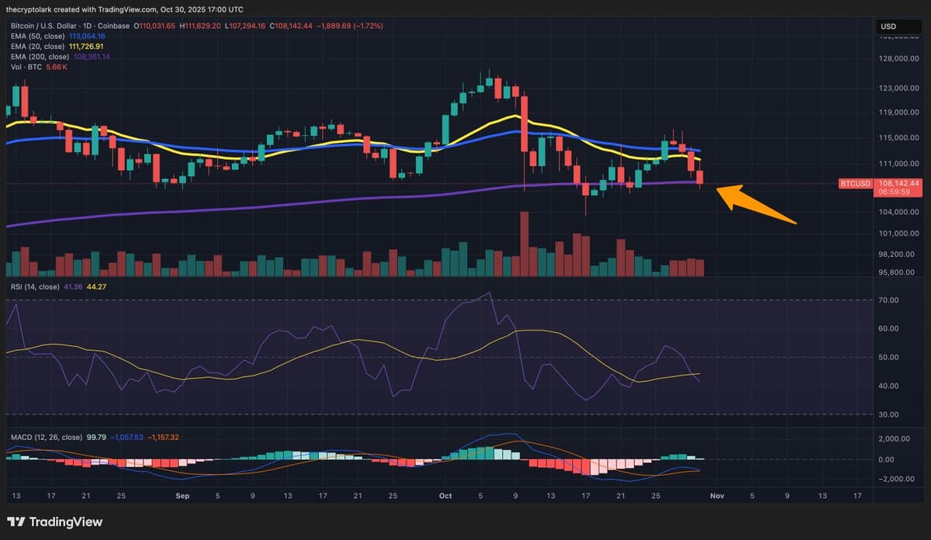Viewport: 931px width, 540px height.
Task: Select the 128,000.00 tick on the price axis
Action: point(897,59)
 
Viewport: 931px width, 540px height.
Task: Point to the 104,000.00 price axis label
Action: point(897,212)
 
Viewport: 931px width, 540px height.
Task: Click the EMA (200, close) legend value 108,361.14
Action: point(92,57)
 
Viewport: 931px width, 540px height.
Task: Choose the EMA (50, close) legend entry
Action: point(37,36)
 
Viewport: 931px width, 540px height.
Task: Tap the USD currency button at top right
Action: point(888,26)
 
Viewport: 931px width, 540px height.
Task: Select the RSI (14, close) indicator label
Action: point(35,287)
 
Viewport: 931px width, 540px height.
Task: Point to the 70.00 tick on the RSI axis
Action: point(888,300)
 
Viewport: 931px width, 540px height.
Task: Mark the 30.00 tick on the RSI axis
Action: point(888,414)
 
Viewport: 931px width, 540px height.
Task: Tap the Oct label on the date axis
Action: point(445,495)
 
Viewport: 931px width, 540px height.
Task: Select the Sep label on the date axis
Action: point(182,495)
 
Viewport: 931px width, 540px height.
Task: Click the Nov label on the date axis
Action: point(717,495)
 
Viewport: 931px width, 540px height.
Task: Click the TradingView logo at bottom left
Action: point(54,522)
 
